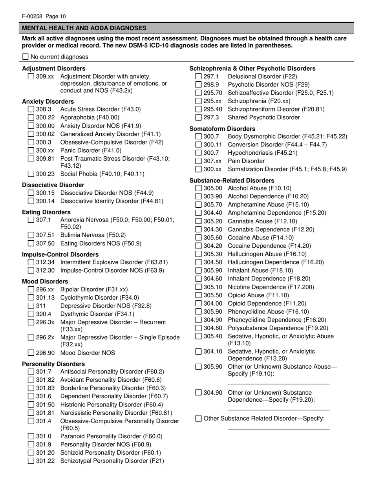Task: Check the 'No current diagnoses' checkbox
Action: coord(26,57)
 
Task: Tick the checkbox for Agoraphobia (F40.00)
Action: coord(31,117)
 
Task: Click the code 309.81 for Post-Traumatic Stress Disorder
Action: coord(45,159)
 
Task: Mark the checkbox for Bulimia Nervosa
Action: coord(31,235)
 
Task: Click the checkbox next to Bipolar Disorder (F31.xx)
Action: coord(31,289)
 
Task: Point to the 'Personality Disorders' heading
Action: coord(53,364)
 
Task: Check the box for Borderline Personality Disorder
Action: coord(31,388)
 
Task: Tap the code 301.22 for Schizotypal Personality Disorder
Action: coord(45,461)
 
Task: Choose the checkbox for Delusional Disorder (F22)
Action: coord(198,77)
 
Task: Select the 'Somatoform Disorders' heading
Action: coord(222,129)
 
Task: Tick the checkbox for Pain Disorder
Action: coord(198,161)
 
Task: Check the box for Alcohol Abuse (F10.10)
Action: coord(198,188)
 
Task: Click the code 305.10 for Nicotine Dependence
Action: coord(213,287)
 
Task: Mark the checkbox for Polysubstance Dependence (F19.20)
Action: coord(198,328)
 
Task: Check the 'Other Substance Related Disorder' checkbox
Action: coord(198,419)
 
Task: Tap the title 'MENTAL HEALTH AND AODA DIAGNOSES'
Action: coord(84,28)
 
